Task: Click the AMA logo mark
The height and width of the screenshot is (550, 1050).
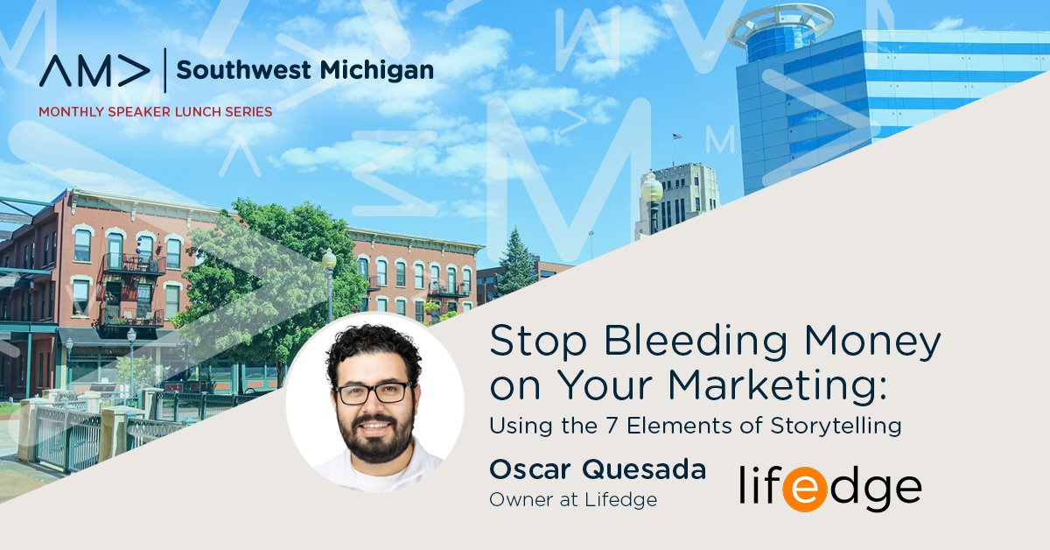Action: tap(94, 71)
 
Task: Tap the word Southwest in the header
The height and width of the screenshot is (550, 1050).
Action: tap(244, 70)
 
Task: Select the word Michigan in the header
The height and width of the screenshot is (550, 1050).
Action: tap(377, 71)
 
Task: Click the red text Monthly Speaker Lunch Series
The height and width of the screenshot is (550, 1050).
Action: tap(155, 112)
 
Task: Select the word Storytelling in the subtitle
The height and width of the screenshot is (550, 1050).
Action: tap(836, 427)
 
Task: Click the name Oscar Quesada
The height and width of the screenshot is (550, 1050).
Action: tap(598, 469)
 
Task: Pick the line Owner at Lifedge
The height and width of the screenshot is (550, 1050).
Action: tap(573, 499)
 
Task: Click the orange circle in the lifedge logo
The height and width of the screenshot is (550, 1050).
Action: tap(803, 489)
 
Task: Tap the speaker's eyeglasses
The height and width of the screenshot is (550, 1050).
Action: tap(374, 392)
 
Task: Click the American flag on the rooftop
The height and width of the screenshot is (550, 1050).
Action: tap(676, 136)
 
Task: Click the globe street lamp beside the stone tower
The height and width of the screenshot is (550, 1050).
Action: tap(652, 187)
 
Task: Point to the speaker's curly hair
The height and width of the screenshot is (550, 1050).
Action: tap(374, 349)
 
